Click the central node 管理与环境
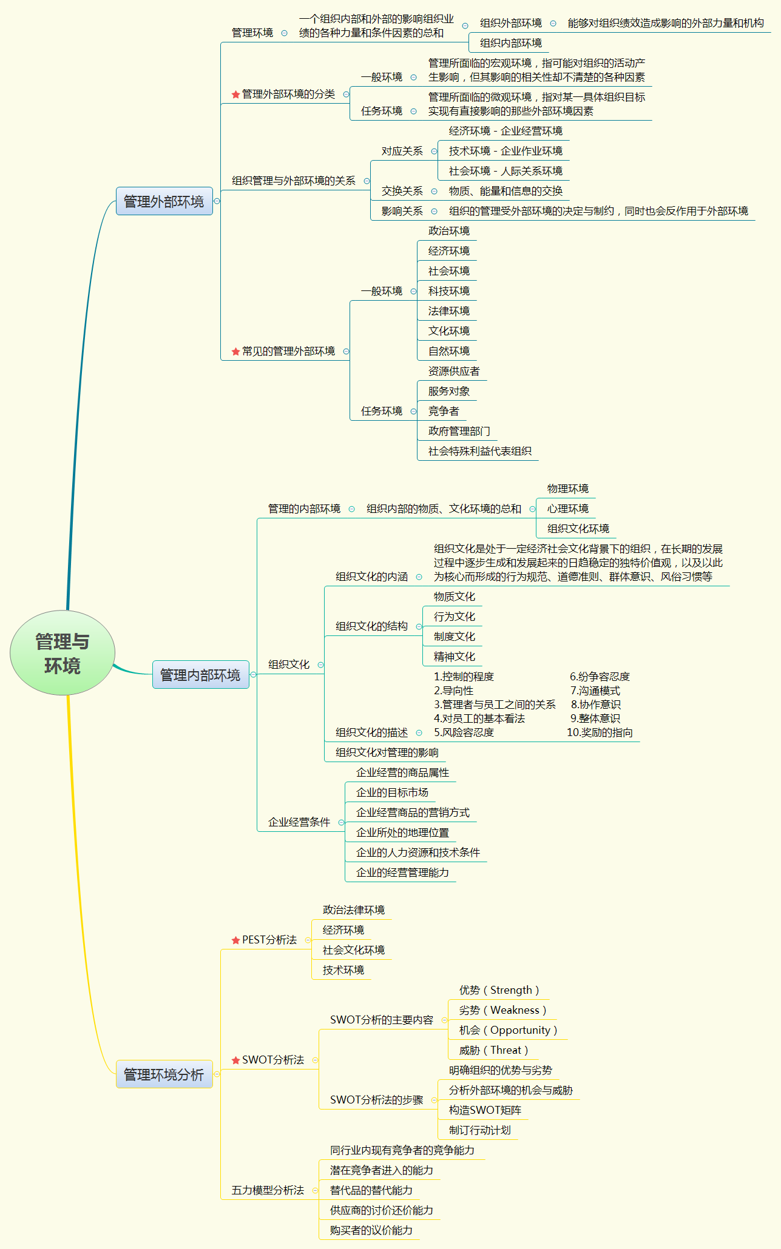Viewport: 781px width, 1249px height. point(63,653)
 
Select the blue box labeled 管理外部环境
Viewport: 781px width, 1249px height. point(164,201)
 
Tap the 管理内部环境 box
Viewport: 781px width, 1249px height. point(200,675)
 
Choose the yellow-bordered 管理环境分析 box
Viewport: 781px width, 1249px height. point(164,1074)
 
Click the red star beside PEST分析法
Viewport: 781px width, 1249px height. point(235,940)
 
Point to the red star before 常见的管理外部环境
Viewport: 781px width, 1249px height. point(235,352)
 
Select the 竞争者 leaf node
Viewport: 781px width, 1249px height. point(444,411)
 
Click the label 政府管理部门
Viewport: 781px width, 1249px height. point(459,431)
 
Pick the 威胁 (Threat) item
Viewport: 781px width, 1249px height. point(493,1050)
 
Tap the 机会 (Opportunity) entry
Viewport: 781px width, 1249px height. point(507,1030)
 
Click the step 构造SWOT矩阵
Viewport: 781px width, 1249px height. point(485,1110)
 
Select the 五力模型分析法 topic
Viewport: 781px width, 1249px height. point(268,1190)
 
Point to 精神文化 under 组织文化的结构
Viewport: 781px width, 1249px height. point(454,657)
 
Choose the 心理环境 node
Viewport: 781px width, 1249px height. point(567,509)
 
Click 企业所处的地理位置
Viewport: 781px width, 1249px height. point(402,832)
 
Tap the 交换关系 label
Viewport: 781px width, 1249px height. point(402,191)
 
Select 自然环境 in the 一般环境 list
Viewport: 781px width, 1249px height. point(448,351)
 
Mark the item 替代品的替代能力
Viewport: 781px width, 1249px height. point(371,1190)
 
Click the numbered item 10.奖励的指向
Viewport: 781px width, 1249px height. point(600,732)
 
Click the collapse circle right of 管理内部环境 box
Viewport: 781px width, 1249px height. point(254,675)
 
